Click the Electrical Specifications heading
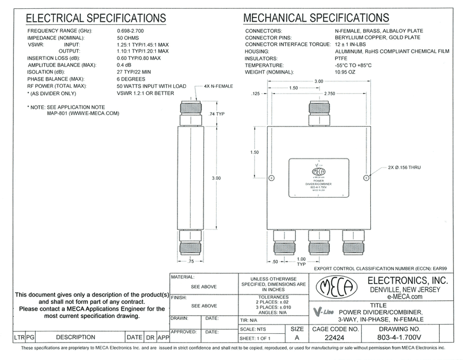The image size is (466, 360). pyautogui.click(x=96, y=19)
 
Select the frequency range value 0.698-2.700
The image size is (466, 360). pyautogui.click(x=131, y=31)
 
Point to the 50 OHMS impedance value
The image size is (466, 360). pyautogui.click(x=129, y=38)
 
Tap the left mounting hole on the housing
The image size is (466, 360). pyautogui.click(x=272, y=178)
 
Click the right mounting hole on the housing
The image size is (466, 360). pyautogui.click(x=366, y=178)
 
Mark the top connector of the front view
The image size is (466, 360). pyautogui.click(x=319, y=114)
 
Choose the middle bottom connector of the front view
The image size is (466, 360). pyautogui.click(x=319, y=242)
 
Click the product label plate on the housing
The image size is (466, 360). pyautogui.click(x=319, y=178)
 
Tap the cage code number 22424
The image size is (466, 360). pyautogui.click(x=335, y=338)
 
